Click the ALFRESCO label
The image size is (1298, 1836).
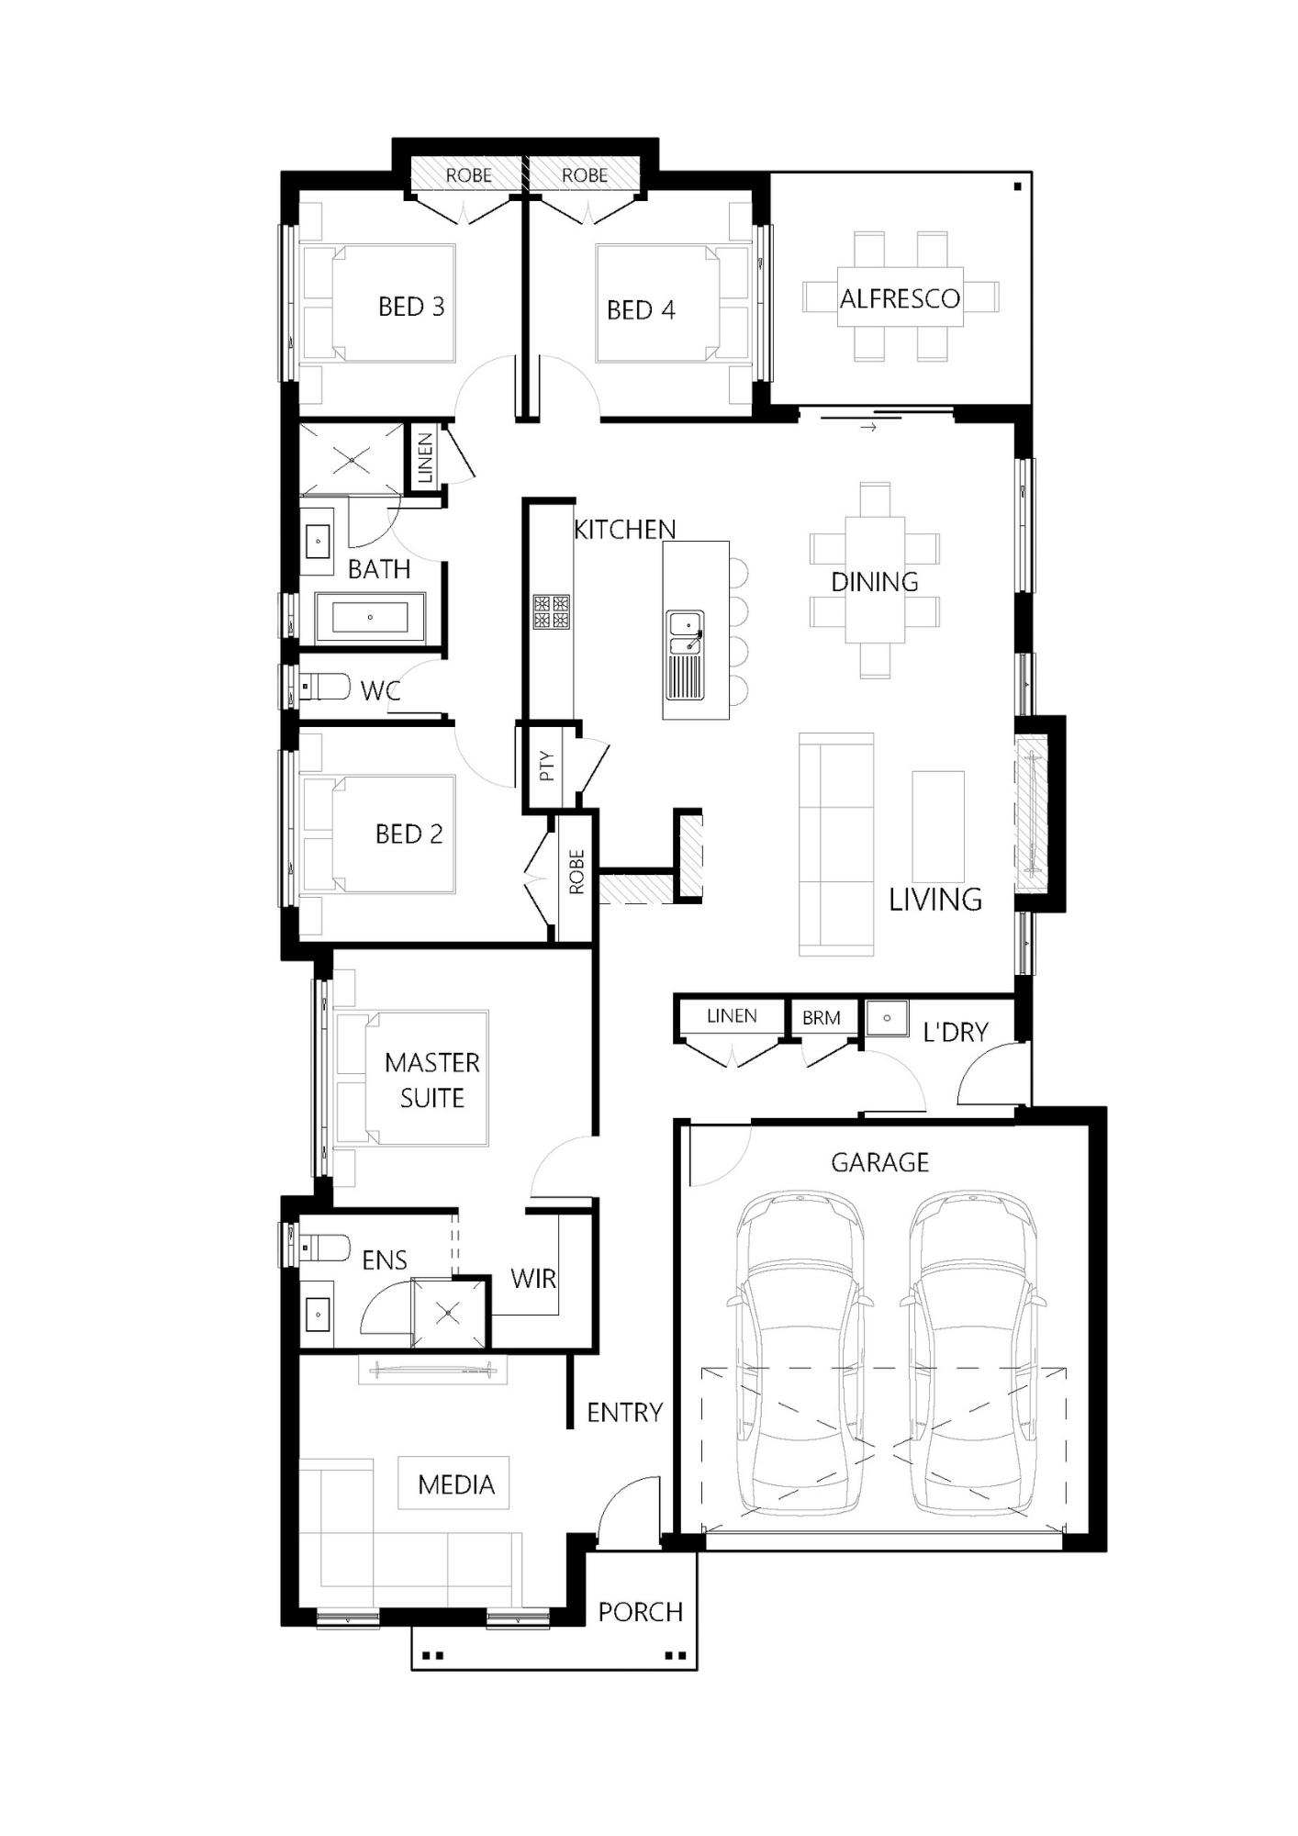coord(900,298)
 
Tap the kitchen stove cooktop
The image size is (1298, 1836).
coord(551,612)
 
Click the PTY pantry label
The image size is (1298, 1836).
coord(547,766)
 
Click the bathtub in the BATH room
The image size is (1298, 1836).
coord(370,617)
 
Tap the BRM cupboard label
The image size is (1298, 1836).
coord(821,1017)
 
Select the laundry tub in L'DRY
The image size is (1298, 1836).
coord(887,1018)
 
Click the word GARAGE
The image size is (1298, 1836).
coord(879,1162)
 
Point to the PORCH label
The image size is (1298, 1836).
coord(640,1612)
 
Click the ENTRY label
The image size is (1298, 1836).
coord(624,1412)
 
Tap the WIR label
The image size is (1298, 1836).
coord(533,1278)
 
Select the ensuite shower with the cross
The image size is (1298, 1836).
coord(448,1314)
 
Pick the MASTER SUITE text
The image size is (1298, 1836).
coord(431,1080)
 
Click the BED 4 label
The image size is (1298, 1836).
coord(641,310)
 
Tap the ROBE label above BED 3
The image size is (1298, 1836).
coord(468,174)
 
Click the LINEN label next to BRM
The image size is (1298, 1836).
coord(732,1015)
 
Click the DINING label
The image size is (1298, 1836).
coord(874,581)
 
